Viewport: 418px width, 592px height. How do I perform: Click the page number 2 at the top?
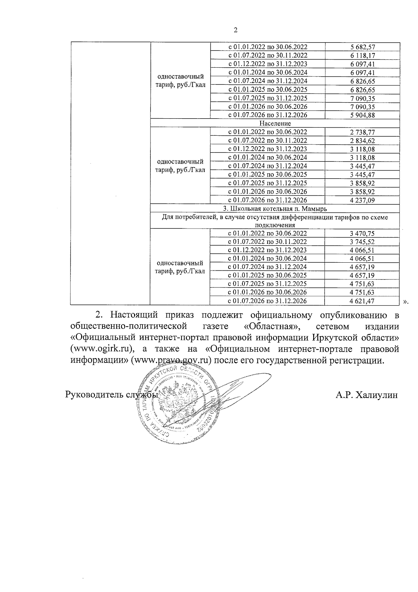pyautogui.click(x=235, y=30)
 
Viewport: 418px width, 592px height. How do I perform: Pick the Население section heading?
pyautogui.click(x=275, y=123)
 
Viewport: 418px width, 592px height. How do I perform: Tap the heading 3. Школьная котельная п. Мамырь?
pyautogui.click(x=275, y=209)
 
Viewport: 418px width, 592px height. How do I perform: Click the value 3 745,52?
pyautogui.click(x=362, y=242)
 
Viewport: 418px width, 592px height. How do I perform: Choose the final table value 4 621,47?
pyautogui.click(x=362, y=301)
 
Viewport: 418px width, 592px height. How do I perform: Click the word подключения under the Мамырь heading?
pyautogui.click(x=275, y=225)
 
